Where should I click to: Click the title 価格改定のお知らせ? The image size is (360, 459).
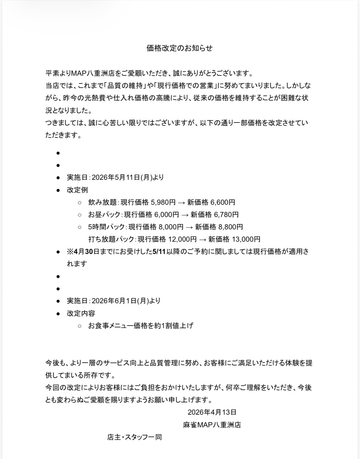point(179,48)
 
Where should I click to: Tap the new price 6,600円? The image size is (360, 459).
point(223,202)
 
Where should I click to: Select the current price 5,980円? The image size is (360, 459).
point(163,202)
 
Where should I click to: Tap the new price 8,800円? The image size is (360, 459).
point(231,227)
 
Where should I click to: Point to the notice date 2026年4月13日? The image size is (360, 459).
point(212,412)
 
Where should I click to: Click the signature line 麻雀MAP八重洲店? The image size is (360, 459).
point(212,425)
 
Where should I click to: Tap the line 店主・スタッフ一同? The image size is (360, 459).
point(134,437)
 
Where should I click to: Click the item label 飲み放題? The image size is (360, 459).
point(102,202)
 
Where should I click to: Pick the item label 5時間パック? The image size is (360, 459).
point(106,227)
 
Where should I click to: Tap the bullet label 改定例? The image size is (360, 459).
point(78,190)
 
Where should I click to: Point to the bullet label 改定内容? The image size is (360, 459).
point(81,313)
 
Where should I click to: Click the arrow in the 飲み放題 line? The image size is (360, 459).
point(181,202)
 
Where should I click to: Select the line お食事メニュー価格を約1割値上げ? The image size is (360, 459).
point(141,325)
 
